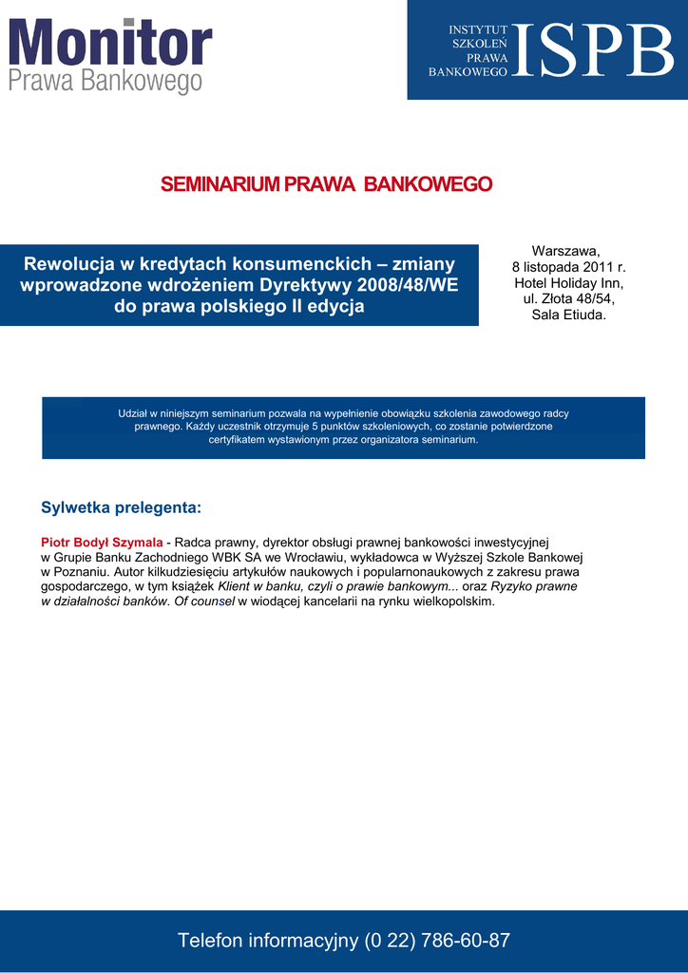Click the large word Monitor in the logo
[110, 44]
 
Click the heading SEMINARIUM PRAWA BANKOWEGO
[326, 184]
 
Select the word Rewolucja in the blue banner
[70, 264]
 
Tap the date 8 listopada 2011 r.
[568, 267]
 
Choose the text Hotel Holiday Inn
[568, 283]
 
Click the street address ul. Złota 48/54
[568, 299]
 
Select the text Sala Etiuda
[568, 315]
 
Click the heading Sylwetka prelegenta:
[121, 507]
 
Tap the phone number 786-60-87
[467, 941]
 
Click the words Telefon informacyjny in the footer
[267, 941]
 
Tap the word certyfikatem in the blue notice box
[239, 440]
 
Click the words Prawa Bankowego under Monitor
[105, 83]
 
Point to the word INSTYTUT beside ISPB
[478, 30]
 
